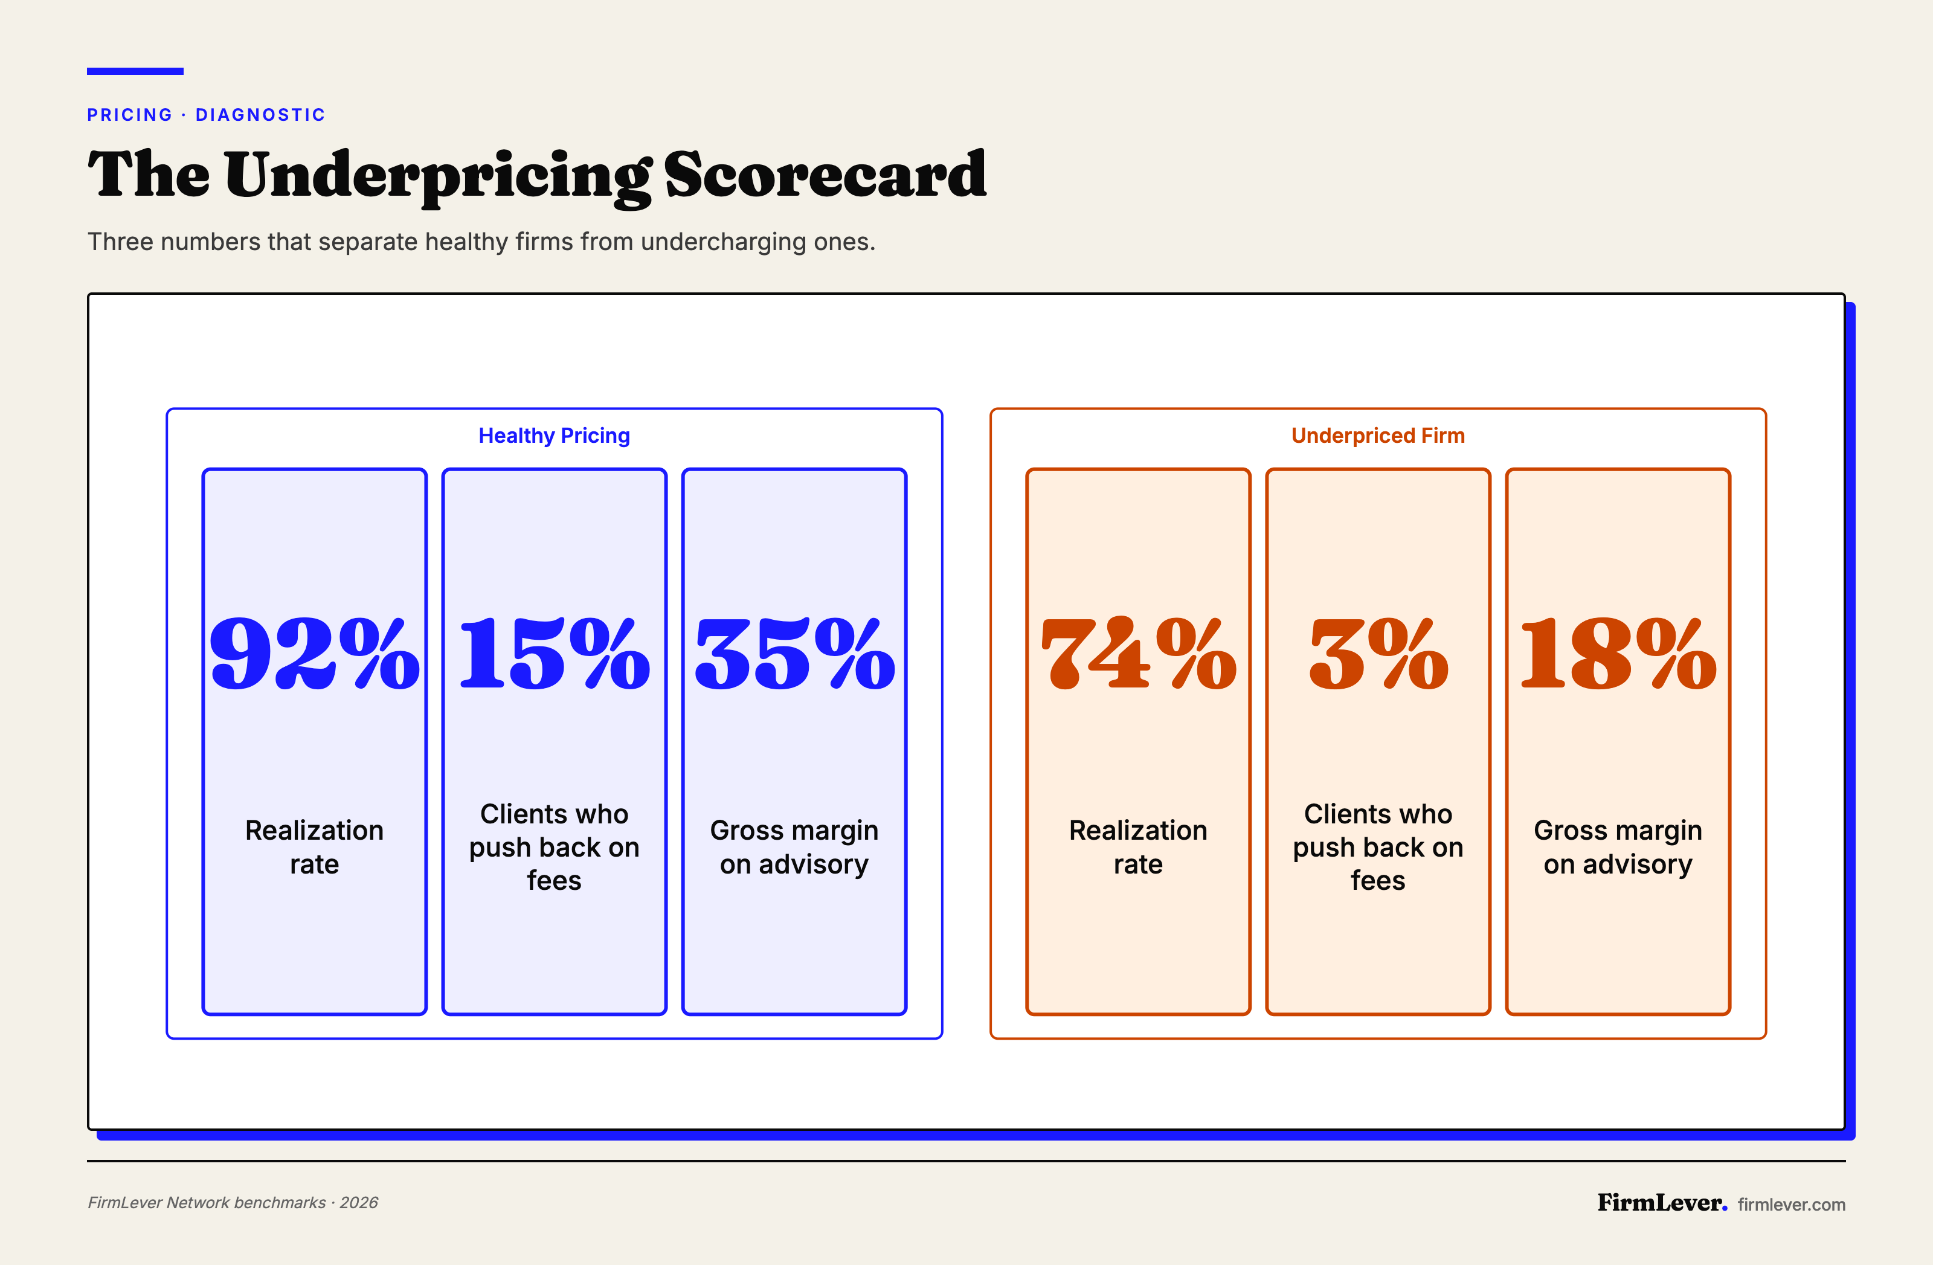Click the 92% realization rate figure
tap(314, 654)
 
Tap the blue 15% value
tap(554, 654)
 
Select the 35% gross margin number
tap(794, 654)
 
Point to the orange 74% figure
tap(1138, 654)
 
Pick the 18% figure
tap(1618, 654)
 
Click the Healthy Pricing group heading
tap(554, 436)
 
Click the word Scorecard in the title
tap(825, 175)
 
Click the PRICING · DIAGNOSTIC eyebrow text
tap(207, 115)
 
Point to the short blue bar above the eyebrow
tap(135, 71)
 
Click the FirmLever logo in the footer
tap(1661, 1202)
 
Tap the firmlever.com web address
tap(1791, 1204)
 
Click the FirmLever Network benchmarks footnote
tap(233, 1202)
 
